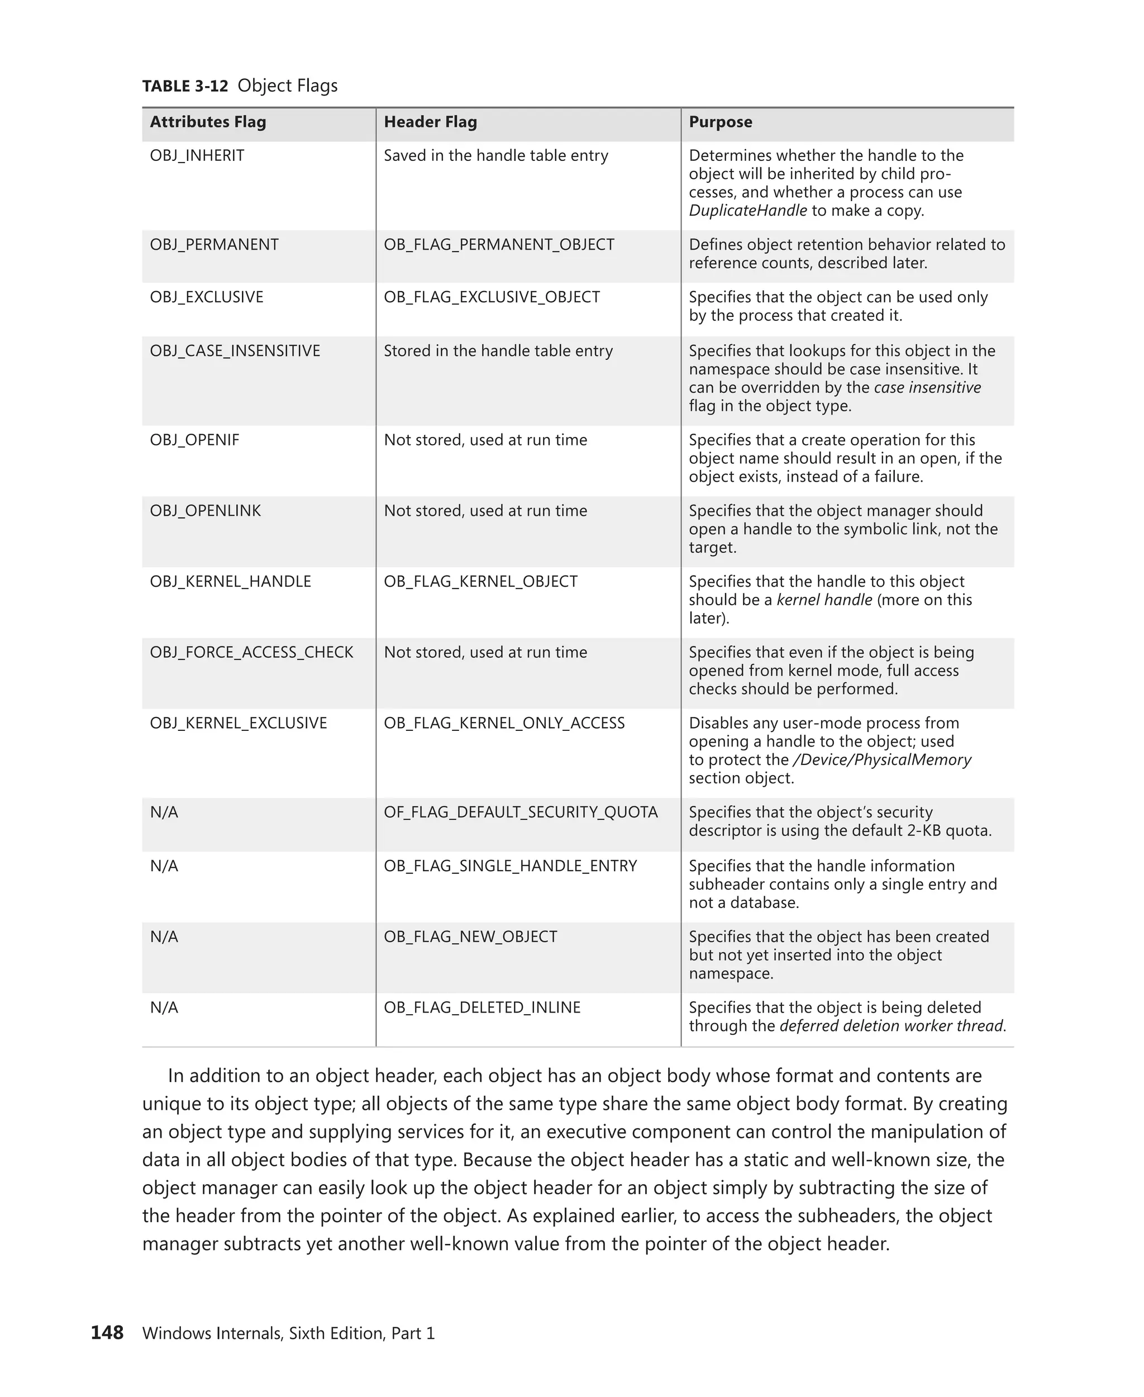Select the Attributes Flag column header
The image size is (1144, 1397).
pos(208,122)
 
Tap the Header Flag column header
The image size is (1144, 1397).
pos(430,122)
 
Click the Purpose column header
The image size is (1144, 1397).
pos(720,122)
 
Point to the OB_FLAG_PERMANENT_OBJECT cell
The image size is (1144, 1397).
pos(499,245)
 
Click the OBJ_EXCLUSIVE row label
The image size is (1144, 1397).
pos(206,297)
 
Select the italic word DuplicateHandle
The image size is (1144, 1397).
pos(747,211)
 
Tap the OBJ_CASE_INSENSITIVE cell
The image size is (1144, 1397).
pos(235,351)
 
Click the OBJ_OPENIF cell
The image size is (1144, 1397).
pos(194,440)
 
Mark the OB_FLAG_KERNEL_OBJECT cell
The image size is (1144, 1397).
pos(480,582)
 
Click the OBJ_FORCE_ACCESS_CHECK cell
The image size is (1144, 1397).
pos(251,652)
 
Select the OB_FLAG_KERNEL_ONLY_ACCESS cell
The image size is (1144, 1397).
pos(504,723)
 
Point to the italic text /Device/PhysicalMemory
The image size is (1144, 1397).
pos(881,760)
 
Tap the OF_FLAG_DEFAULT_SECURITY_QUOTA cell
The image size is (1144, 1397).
pos(521,812)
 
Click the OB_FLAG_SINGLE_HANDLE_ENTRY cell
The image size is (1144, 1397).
pos(510,866)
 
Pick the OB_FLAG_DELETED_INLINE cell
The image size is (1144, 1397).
pos(482,1008)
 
